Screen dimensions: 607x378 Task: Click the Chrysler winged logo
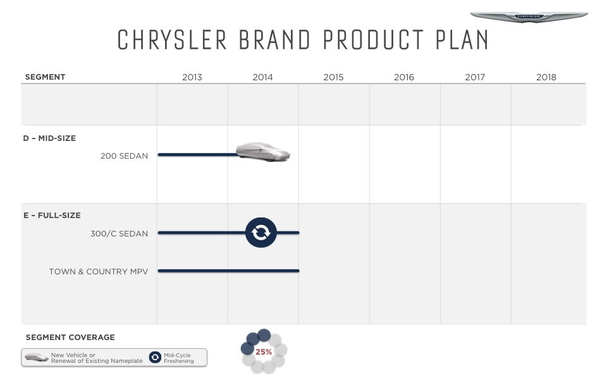click(529, 16)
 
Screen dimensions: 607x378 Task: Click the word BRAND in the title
click(274, 40)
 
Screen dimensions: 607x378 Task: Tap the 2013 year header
click(192, 77)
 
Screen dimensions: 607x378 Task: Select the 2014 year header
click(262, 77)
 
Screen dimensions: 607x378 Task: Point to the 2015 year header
click(333, 77)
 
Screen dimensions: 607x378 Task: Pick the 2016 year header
click(404, 77)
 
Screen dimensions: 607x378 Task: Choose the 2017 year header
click(475, 77)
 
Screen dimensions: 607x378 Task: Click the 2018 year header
click(546, 77)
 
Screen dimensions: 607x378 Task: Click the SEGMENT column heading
click(45, 77)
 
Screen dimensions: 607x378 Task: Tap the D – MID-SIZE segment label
click(49, 138)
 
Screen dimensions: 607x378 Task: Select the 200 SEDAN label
click(125, 156)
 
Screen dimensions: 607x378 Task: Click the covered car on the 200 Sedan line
click(263, 152)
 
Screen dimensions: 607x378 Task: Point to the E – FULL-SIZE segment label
click(52, 216)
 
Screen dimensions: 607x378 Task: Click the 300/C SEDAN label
click(120, 234)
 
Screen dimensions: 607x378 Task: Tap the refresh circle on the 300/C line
click(261, 233)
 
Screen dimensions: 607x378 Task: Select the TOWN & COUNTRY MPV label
click(99, 272)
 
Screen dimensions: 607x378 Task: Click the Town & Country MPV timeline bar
click(228, 271)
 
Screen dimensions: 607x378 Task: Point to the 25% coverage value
click(264, 351)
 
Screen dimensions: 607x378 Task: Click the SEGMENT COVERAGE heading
click(70, 338)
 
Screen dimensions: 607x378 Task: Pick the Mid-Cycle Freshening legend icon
click(155, 357)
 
